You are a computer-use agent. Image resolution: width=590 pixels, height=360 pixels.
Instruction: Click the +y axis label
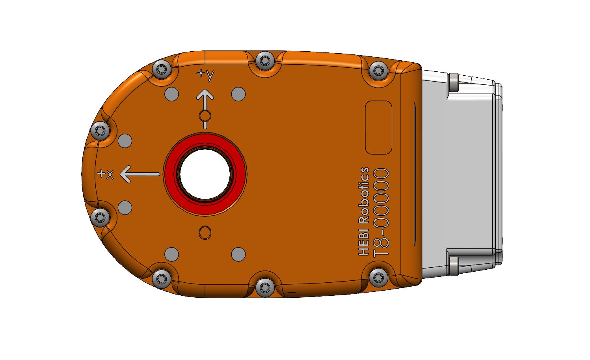point(205,75)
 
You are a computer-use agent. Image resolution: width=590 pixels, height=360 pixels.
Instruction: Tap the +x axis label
point(105,174)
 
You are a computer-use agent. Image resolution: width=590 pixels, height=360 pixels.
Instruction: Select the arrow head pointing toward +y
point(205,95)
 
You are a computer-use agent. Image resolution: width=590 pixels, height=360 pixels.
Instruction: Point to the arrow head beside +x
point(126,174)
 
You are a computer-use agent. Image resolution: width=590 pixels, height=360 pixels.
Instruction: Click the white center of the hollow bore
point(205,174)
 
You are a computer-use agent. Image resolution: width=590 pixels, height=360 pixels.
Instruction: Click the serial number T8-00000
point(381,213)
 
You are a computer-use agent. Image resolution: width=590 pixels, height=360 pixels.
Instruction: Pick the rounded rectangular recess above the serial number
point(378,127)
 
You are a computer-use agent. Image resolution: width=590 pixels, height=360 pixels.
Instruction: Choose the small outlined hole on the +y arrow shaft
point(205,116)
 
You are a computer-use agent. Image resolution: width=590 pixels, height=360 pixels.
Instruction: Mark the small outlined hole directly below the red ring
point(205,233)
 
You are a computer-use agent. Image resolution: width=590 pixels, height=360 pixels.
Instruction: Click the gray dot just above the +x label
point(125,141)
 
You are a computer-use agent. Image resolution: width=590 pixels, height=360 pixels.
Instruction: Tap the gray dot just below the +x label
point(125,207)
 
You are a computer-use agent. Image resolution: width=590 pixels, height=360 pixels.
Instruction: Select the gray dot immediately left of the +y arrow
point(171,94)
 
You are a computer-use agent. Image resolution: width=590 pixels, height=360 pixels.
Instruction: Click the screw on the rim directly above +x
point(100,130)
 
